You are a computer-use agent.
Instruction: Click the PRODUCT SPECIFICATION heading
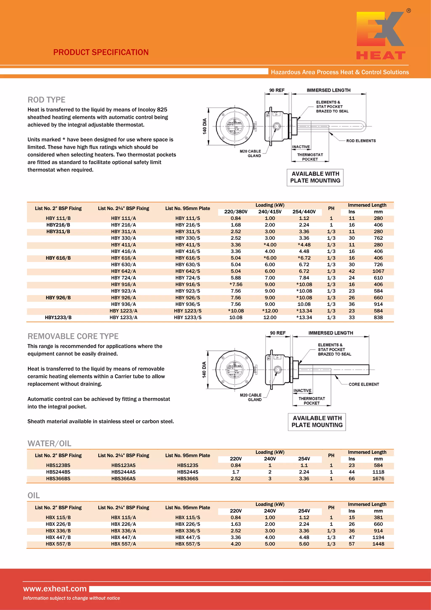101,52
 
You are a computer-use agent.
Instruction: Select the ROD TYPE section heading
47,100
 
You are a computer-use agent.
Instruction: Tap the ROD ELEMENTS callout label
361,141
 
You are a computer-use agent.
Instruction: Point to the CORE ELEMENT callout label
363,384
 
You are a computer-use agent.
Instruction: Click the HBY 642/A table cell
123,271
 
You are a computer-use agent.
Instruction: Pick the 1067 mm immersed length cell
378,271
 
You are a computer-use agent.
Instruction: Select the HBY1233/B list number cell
58,318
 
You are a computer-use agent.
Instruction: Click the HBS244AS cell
123,472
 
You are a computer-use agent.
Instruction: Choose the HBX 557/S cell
188,544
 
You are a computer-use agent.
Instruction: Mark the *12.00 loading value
270,311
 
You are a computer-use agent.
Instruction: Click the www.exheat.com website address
55,589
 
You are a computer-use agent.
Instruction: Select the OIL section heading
34,495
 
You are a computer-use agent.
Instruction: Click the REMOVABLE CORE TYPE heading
73,336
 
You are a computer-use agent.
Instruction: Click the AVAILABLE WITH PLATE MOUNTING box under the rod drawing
315,177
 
